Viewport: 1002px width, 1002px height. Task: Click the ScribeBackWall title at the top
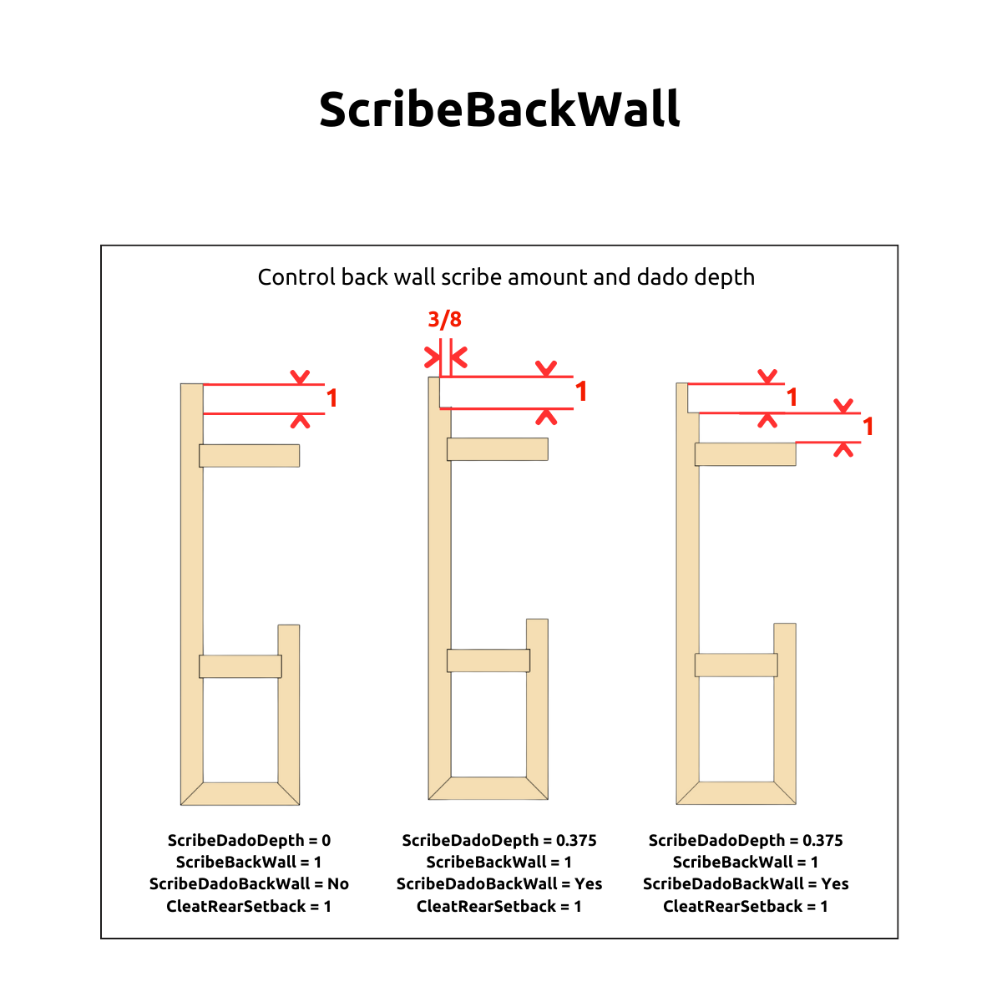tap(499, 109)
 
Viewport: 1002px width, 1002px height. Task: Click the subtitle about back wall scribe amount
tap(506, 277)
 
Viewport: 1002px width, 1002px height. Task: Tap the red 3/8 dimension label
tap(444, 319)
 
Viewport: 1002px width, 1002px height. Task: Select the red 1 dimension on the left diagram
tap(331, 398)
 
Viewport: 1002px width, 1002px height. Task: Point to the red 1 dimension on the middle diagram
tap(581, 392)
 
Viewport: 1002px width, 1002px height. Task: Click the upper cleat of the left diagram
tap(249, 456)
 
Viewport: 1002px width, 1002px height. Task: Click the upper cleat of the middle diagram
tap(497, 448)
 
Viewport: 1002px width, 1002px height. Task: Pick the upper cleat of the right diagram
tap(745, 454)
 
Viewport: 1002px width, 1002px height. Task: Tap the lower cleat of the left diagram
tap(240, 666)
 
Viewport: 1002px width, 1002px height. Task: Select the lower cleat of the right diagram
tap(736, 665)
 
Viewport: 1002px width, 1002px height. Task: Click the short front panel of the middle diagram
tap(537, 709)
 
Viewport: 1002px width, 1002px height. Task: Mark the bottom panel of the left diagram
tap(240, 793)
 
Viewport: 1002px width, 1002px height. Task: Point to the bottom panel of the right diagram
tap(736, 792)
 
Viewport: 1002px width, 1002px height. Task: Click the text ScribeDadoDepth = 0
tap(249, 840)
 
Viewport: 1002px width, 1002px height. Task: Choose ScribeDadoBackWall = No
tap(249, 883)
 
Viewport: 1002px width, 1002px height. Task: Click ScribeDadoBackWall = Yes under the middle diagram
tap(499, 883)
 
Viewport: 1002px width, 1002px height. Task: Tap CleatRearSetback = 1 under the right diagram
tap(745, 906)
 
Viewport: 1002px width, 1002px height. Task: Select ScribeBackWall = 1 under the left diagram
tap(249, 862)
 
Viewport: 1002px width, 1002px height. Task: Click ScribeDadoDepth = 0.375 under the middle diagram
tap(499, 840)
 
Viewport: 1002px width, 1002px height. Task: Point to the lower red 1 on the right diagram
tap(868, 427)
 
